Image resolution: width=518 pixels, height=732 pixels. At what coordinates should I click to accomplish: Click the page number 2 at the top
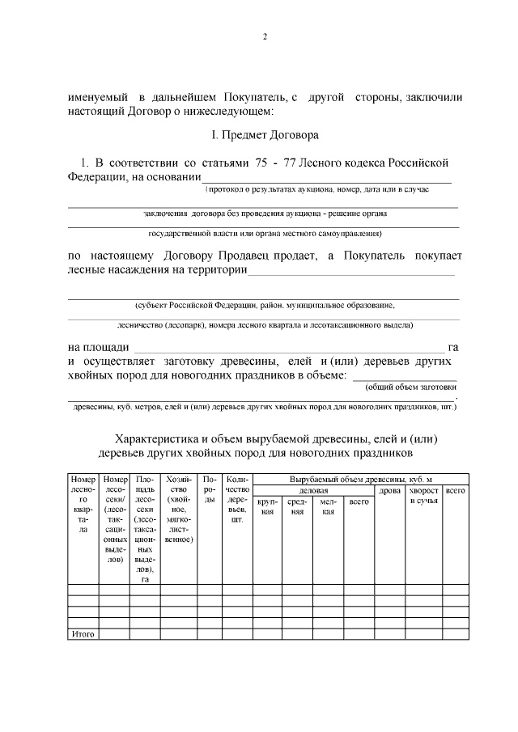click(x=264, y=36)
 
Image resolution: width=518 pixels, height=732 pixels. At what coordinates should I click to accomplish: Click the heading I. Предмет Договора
click(x=264, y=133)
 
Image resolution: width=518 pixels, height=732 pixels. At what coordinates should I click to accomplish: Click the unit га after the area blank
click(x=453, y=347)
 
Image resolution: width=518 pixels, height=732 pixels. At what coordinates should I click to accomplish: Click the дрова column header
click(x=389, y=490)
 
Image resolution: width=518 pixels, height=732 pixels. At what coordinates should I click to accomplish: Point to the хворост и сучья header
click(x=424, y=496)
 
